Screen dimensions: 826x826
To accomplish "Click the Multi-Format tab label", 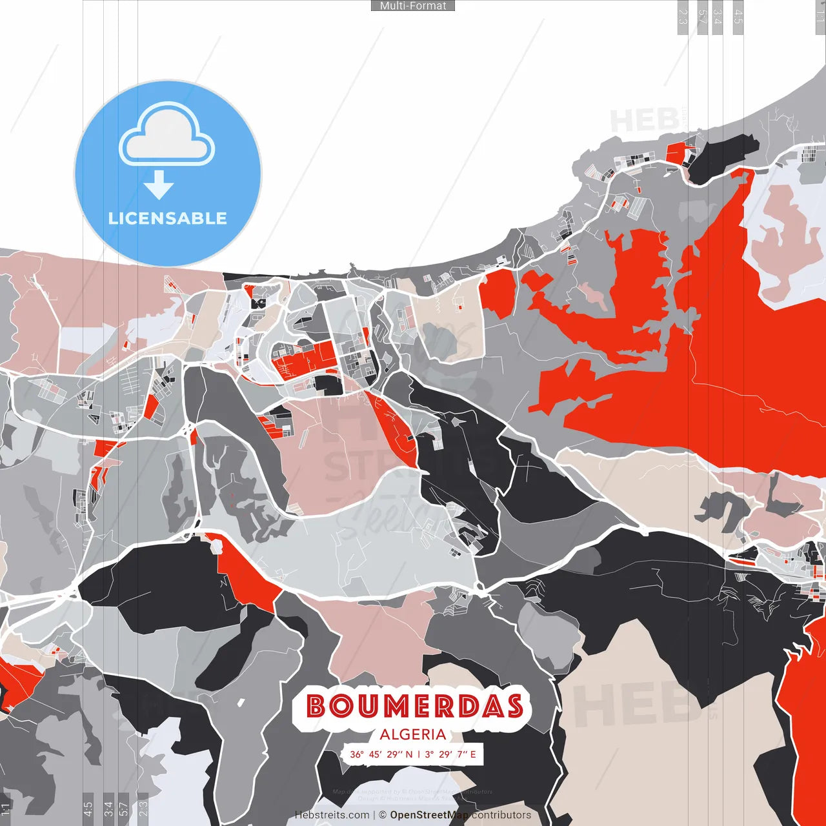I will point(413,6).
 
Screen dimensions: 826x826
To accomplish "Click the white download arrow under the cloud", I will point(159,185).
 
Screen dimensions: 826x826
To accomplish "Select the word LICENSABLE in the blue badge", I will point(168,218).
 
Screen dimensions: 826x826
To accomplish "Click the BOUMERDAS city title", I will point(414,707).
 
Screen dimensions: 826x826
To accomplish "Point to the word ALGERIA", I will point(413,734).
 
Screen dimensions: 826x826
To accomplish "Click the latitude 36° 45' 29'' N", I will point(381,754).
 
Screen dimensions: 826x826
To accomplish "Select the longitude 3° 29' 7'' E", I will point(450,754).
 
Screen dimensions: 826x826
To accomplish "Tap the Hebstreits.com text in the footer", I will point(332,815).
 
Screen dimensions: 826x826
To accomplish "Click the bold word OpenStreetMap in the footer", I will point(429,815).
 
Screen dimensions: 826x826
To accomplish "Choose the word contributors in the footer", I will point(501,815).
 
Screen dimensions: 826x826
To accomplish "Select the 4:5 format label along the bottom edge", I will point(88,809).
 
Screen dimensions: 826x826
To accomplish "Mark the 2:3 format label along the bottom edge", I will point(143,809).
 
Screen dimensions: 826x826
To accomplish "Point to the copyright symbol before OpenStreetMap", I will point(383,815).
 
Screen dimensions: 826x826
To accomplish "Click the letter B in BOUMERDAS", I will point(316,707).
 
